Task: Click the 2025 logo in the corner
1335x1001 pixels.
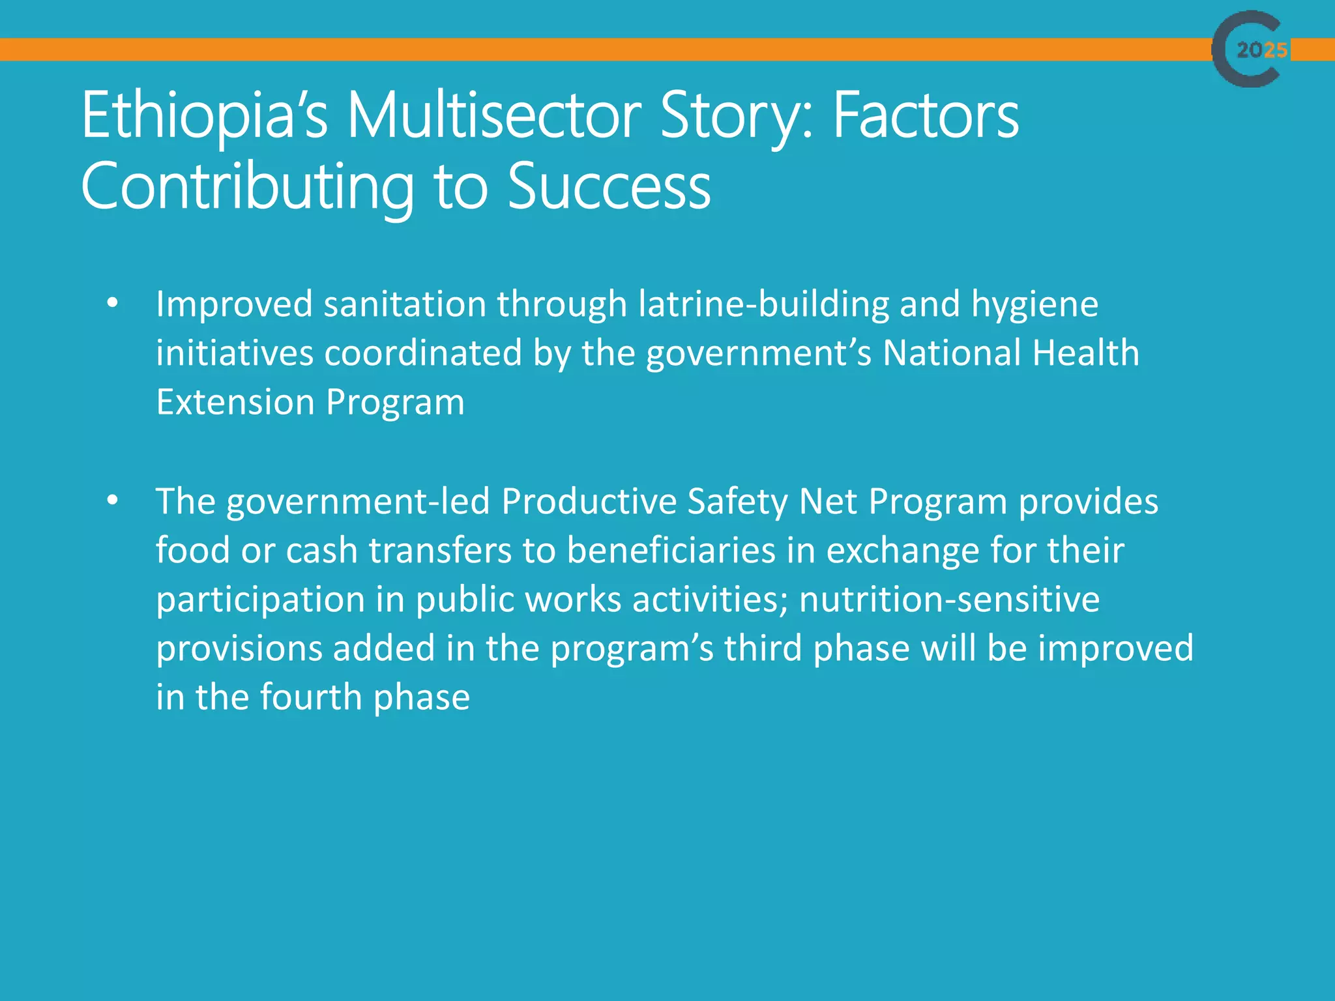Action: point(1250,49)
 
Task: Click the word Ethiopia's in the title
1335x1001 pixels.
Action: point(204,116)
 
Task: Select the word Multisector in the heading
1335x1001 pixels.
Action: point(494,116)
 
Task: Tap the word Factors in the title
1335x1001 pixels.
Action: point(926,116)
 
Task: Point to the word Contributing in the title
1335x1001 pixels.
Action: point(247,187)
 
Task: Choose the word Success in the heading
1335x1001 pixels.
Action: point(609,187)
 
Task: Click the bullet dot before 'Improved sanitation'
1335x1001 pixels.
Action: point(113,303)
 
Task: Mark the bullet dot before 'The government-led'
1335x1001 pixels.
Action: point(113,500)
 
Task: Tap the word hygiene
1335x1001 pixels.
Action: point(1034,306)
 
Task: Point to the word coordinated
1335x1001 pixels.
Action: point(423,353)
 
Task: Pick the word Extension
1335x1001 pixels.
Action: point(235,402)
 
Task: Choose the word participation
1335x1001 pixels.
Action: point(260,600)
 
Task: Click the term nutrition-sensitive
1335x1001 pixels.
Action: point(949,600)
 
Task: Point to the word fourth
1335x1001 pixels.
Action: point(311,697)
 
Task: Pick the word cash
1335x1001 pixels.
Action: point(322,551)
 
